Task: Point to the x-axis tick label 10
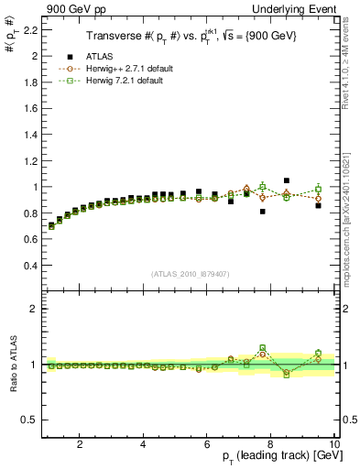point(333,444)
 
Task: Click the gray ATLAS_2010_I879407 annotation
point(191,274)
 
